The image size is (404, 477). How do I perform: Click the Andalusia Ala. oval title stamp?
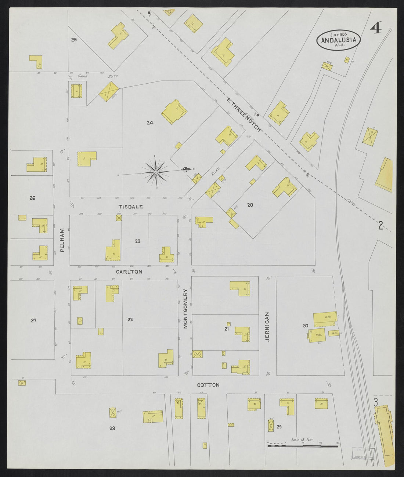point(339,40)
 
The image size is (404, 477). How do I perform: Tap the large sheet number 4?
point(376,28)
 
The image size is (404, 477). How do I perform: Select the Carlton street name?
point(129,272)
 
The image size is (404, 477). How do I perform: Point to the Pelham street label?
point(62,240)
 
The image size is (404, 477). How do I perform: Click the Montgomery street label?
point(185,308)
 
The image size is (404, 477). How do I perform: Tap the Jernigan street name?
point(267,327)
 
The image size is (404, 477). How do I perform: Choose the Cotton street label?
point(208,385)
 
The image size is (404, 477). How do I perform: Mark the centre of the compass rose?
point(156,172)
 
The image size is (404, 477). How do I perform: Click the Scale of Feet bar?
point(303,446)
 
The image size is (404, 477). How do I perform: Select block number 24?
point(150,123)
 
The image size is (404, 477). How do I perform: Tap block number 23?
point(137,241)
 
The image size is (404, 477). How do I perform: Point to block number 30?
point(305,325)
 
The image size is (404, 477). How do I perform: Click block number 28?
point(112,428)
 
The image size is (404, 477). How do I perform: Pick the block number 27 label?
point(33,320)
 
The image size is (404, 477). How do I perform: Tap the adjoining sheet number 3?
point(375,403)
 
